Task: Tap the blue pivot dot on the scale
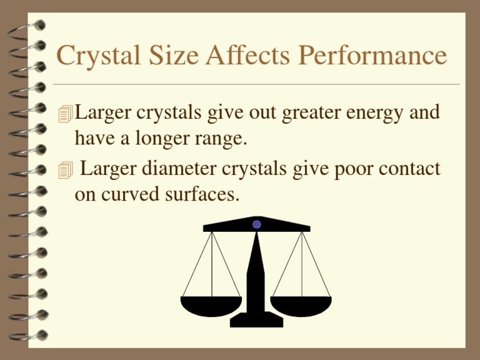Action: click(x=257, y=224)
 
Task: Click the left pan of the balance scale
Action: click(x=211, y=306)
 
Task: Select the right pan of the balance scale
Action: click(x=301, y=306)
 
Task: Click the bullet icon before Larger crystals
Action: click(x=64, y=114)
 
